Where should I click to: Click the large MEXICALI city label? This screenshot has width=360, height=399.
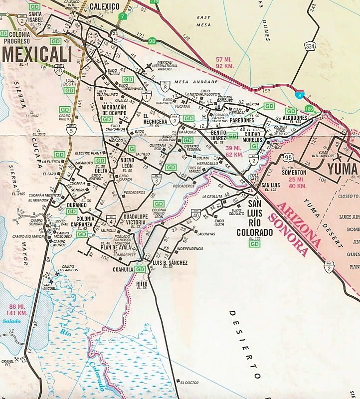37,54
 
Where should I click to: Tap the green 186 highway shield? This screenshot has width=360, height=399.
309,109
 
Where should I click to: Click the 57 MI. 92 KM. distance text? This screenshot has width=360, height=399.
225,63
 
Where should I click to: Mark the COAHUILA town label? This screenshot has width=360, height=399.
122,269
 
